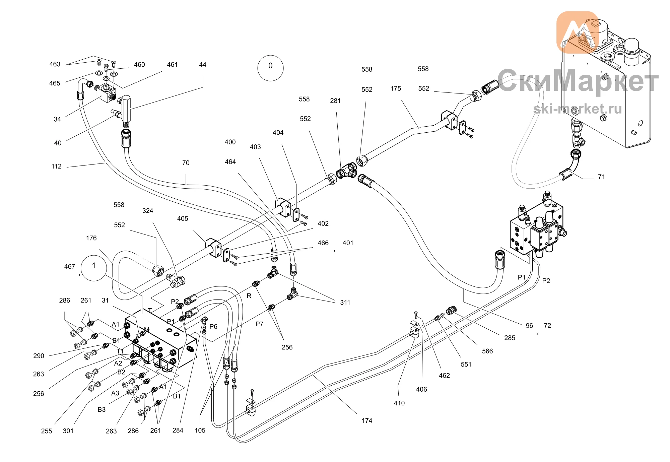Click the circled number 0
click(270, 68)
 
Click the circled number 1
click(94, 268)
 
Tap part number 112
click(56, 166)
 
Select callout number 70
click(186, 163)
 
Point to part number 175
click(396, 88)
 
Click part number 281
click(335, 101)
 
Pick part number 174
click(367, 420)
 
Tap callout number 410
click(399, 403)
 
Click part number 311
click(345, 303)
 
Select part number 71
click(601, 177)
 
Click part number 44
click(203, 65)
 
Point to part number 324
click(148, 211)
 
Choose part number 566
click(487, 351)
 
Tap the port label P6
click(213, 326)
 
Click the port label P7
click(259, 324)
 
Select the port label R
click(249, 296)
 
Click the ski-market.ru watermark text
click(578, 109)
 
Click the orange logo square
click(578, 32)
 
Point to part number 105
click(200, 431)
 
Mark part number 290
click(39, 356)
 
